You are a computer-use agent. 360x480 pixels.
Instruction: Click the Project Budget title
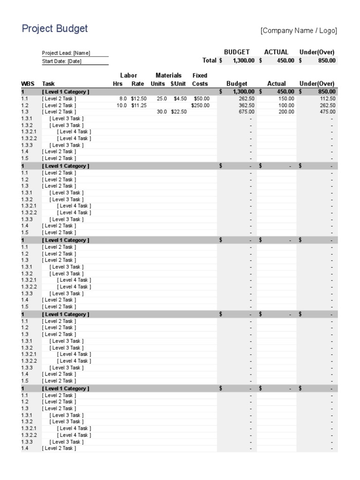(55, 29)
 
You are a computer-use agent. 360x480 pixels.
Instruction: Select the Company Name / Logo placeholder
(299, 31)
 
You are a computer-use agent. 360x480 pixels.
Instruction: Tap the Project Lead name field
(66, 53)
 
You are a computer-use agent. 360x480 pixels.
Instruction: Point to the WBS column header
(28, 84)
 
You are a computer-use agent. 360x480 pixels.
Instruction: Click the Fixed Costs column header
(200, 79)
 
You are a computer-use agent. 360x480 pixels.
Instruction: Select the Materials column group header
(168, 75)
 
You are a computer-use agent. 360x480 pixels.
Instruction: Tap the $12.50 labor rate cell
(139, 99)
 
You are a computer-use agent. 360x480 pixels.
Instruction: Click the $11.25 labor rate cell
(139, 105)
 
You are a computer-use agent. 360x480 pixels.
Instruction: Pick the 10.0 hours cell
(121, 105)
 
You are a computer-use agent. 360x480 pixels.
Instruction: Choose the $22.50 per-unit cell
(178, 112)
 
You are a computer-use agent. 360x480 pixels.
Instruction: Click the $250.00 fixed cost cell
(200, 105)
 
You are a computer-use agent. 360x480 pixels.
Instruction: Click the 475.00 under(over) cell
(327, 112)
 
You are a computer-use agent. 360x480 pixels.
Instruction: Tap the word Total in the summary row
(209, 60)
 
